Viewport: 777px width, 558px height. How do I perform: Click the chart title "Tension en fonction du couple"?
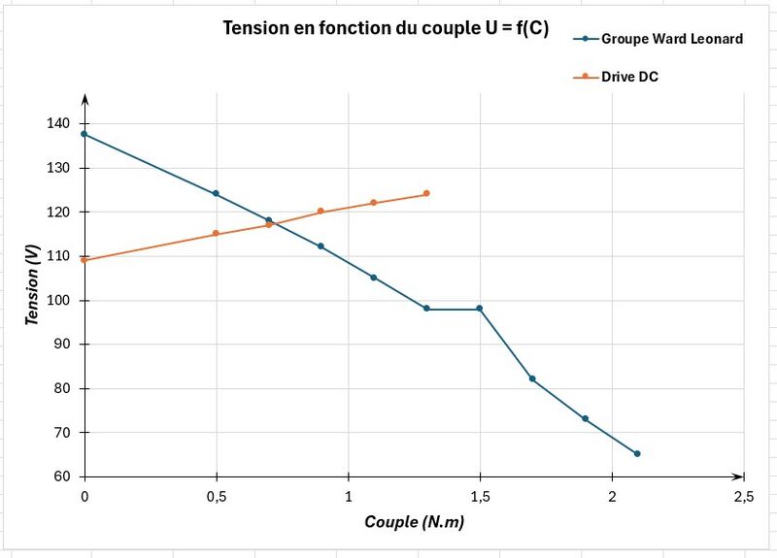click(x=386, y=28)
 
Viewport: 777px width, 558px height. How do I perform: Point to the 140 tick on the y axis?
click(x=58, y=123)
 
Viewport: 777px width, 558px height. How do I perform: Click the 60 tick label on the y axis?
click(x=62, y=476)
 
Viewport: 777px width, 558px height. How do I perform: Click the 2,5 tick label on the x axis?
click(x=743, y=497)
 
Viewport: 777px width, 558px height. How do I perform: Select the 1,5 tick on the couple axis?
click(x=480, y=497)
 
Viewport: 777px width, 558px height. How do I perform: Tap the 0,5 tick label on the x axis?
click(x=216, y=497)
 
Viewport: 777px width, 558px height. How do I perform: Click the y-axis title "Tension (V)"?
click(x=32, y=284)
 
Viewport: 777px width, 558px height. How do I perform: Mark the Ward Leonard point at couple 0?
click(x=84, y=134)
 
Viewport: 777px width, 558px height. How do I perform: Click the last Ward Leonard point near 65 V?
click(x=637, y=453)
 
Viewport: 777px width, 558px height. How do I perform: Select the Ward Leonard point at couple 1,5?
click(x=479, y=309)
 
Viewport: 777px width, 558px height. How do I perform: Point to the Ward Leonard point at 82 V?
click(x=532, y=378)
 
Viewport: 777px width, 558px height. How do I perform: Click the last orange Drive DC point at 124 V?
click(x=426, y=194)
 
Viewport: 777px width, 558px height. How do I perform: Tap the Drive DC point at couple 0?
click(x=84, y=260)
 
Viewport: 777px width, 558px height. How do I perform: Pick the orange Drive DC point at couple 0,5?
click(x=216, y=233)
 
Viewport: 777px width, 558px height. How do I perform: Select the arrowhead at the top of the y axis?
click(x=84, y=99)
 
